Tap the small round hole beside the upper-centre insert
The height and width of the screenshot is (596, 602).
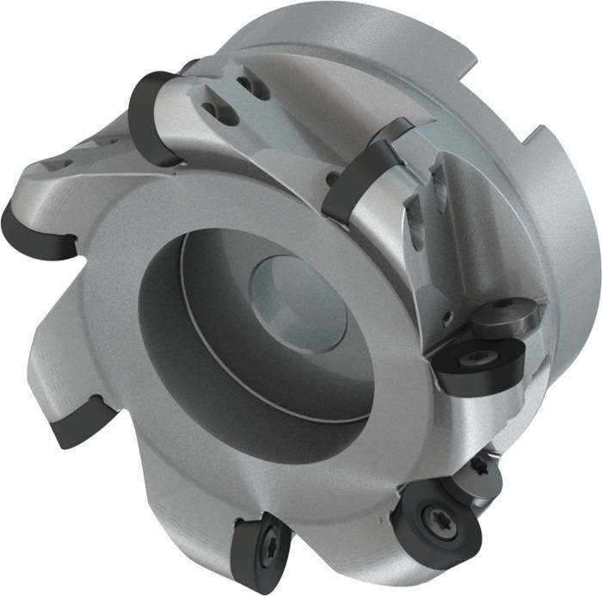pos(332,179)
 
